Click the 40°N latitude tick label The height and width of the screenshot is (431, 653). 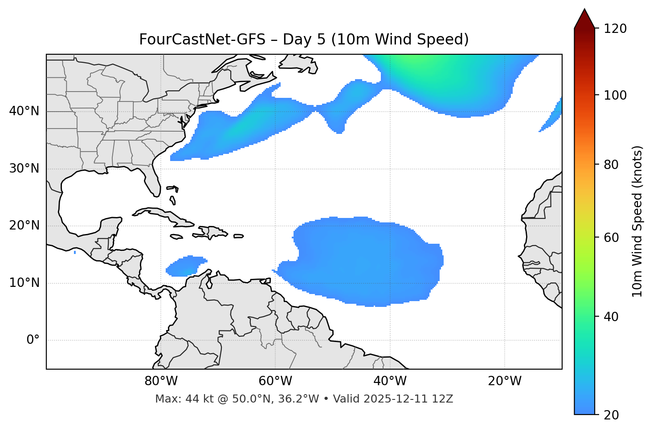point(24,111)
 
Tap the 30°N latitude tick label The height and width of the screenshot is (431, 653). point(24,169)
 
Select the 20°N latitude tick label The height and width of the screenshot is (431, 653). point(24,226)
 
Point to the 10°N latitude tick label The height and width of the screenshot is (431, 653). point(24,283)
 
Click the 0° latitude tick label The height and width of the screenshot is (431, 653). point(33,340)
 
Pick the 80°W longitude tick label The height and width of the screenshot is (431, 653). point(161,381)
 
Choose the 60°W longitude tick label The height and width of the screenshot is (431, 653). point(275,381)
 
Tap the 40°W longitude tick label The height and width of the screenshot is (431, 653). point(390,381)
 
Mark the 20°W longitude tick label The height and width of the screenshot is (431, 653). point(504,381)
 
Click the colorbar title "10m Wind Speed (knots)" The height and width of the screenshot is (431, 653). point(637,221)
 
